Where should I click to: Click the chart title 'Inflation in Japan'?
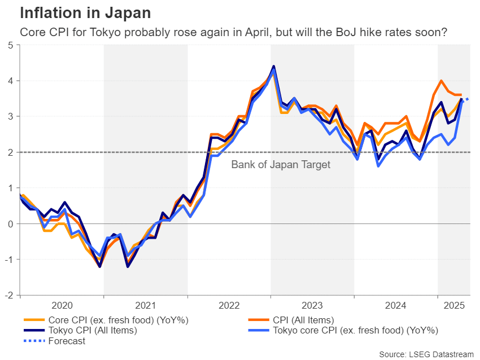[x=85, y=13]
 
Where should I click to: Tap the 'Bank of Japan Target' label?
[x=281, y=165]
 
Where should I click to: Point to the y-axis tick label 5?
[x=11, y=45]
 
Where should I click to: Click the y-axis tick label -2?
[x=9, y=295]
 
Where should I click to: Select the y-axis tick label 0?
[x=11, y=224]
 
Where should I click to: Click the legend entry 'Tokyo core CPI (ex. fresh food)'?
[x=355, y=331]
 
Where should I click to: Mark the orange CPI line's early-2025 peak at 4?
[x=441, y=81]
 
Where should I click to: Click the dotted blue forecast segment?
[x=466, y=100]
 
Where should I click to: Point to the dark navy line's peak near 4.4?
[x=273, y=67]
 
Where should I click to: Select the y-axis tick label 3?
[x=11, y=117]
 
